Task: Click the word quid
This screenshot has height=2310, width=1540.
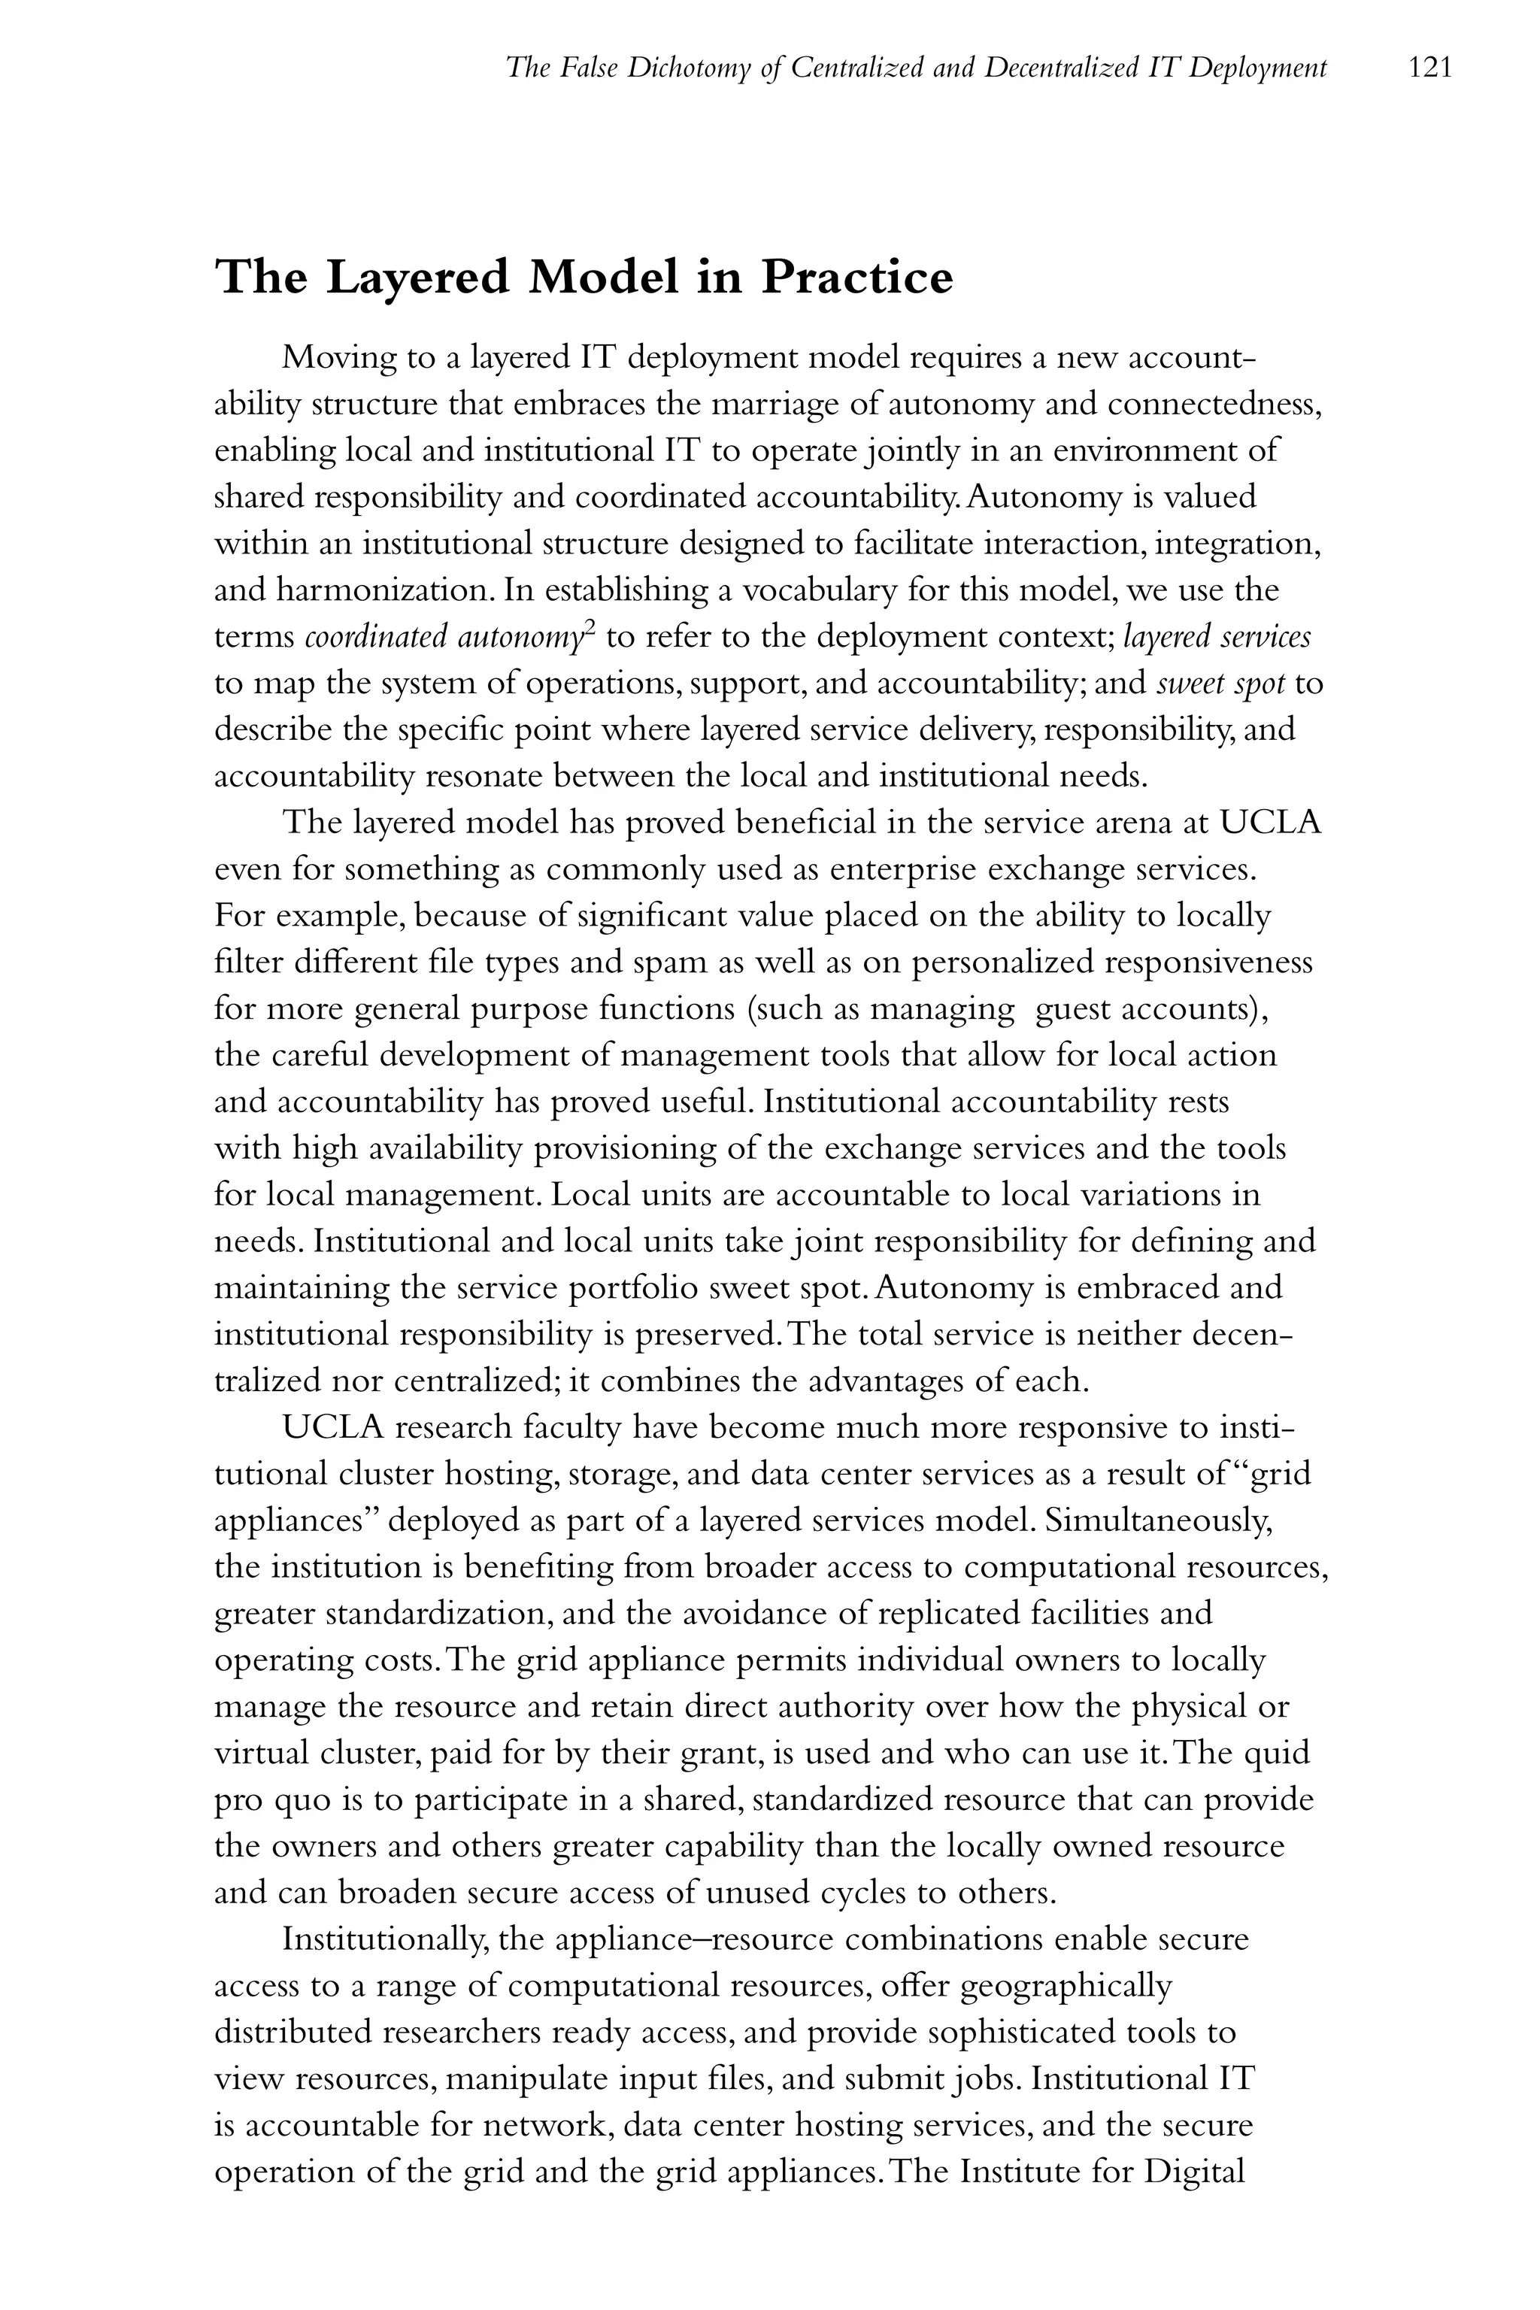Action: point(1278,1753)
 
